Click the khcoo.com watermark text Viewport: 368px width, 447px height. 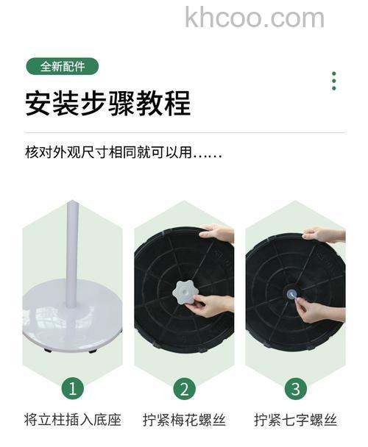tap(255, 17)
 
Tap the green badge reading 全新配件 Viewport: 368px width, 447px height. tap(62, 66)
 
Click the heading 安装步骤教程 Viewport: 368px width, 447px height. tap(107, 103)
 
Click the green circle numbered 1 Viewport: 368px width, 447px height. tap(72, 387)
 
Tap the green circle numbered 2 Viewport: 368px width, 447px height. tap(184, 387)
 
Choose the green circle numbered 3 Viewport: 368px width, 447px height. tap(295, 387)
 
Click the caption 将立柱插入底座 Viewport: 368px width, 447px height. tap(72, 421)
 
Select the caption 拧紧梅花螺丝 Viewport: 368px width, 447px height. tap(184, 421)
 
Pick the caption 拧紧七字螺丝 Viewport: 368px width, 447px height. tap(295, 421)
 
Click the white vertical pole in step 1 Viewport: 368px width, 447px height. tap(72, 250)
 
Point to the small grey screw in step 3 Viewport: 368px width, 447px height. tap(292, 293)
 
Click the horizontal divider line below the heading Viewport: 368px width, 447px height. tap(184, 132)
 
